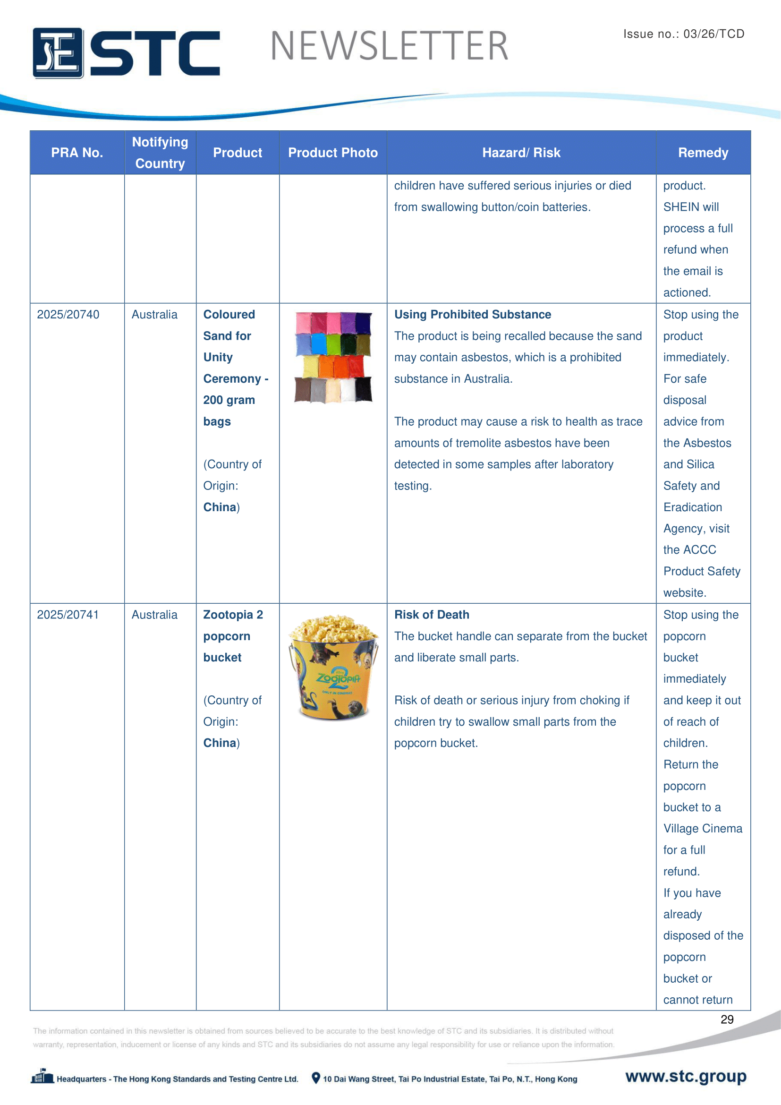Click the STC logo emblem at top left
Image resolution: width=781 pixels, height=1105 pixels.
coord(58,53)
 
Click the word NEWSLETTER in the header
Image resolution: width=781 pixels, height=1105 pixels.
coord(389,46)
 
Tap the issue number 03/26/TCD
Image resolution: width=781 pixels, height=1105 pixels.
coord(713,34)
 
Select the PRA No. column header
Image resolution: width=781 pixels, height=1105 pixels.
coord(77,153)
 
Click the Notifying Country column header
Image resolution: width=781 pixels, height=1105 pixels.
coord(160,153)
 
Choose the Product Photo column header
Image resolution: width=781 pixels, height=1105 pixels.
coord(333,153)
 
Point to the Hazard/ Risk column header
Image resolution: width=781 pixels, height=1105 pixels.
coord(521,153)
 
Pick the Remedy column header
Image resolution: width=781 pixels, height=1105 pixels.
coord(703,153)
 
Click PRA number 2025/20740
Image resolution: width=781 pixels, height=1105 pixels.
coord(68,315)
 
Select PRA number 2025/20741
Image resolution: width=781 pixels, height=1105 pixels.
coord(68,615)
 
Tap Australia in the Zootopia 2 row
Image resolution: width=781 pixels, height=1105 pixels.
coord(154,615)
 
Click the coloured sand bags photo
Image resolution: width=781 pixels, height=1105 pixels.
coord(333,357)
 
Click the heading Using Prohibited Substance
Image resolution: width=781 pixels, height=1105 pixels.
coord(473,315)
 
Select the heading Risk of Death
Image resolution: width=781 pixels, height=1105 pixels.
coord(432,615)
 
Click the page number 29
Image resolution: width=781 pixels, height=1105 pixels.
coord(727,1019)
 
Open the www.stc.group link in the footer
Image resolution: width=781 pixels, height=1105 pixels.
coord(686,1076)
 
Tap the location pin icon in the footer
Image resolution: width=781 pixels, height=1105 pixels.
coord(316,1078)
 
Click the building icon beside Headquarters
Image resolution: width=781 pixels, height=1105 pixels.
coord(42,1077)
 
